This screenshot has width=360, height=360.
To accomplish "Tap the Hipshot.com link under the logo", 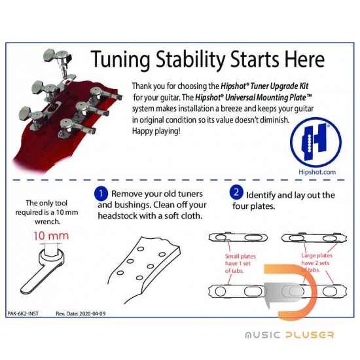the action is (317, 172).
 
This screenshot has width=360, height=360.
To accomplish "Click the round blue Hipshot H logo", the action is (315, 142).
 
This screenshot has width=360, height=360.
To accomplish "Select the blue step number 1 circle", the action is (101, 194).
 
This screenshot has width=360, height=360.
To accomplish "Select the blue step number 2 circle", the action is (236, 192).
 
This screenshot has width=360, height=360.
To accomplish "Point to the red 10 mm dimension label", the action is (51, 236).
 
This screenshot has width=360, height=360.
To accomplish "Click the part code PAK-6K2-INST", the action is (23, 314).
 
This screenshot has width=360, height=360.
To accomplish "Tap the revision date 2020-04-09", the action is (92, 314).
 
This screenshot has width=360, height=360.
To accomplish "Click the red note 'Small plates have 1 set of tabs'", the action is (240, 264).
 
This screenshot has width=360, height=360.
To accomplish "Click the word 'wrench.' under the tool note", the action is (47, 221).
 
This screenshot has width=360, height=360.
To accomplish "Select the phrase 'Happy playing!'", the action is (156, 131).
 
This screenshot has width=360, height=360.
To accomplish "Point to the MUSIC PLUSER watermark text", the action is (289, 335).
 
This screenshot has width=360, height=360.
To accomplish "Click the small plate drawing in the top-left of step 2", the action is (238, 237).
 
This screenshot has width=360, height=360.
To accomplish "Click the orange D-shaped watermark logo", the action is (291, 292).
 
